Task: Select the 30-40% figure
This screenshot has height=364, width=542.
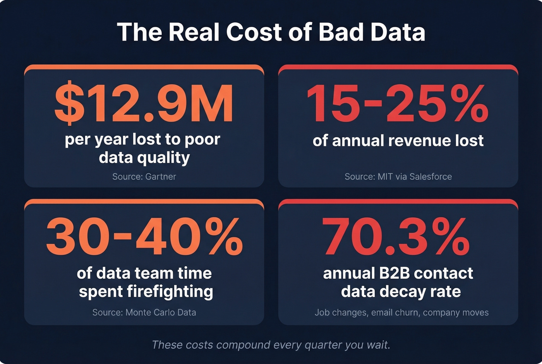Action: (x=144, y=236)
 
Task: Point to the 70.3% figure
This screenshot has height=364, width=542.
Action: (x=396, y=236)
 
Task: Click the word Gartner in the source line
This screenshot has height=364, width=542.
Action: (x=160, y=177)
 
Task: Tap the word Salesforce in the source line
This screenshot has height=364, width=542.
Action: (x=431, y=177)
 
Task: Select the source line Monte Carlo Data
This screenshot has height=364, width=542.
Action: (x=144, y=312)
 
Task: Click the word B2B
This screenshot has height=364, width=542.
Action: (x=394, y=273)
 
